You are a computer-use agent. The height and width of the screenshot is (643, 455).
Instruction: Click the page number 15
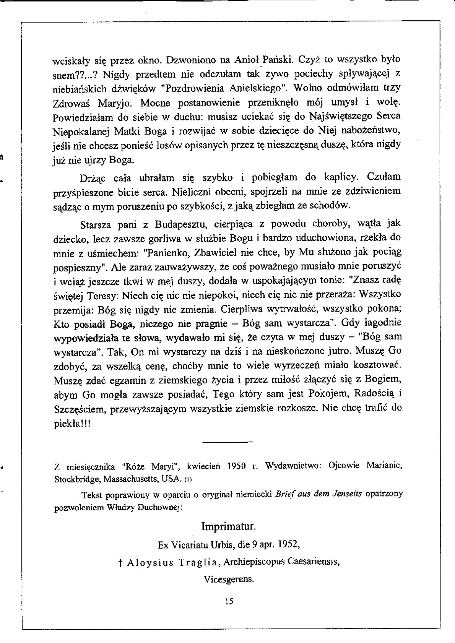point(229,601)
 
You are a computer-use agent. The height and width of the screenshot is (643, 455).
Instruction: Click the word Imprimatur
point(228,527)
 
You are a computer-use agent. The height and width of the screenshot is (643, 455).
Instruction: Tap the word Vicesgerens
point(229,578)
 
